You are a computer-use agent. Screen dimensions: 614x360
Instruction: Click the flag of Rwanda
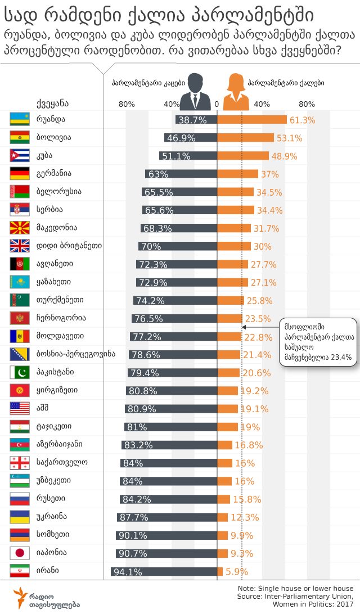point(20,119)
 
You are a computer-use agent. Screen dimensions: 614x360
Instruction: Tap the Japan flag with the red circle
point(20,553)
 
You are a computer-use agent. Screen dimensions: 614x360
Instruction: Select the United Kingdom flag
point(20,246)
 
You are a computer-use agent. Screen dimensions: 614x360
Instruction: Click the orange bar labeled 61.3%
point(252,120)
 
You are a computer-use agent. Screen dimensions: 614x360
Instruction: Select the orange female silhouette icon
point(236,91)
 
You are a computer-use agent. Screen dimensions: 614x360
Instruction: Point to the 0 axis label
point(217,104)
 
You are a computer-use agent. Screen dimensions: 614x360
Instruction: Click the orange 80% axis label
point(307,104)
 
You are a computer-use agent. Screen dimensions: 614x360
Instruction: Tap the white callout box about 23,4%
point(318,341)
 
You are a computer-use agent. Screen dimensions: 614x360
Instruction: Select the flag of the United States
point(20,409)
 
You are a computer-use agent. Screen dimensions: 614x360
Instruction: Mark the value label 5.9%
point(237,572)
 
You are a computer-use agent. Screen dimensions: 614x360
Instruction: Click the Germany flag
point(20,174)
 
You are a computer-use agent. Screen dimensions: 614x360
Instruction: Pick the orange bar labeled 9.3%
point(223,554)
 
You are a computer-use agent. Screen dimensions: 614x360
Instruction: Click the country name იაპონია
point(51,553)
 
